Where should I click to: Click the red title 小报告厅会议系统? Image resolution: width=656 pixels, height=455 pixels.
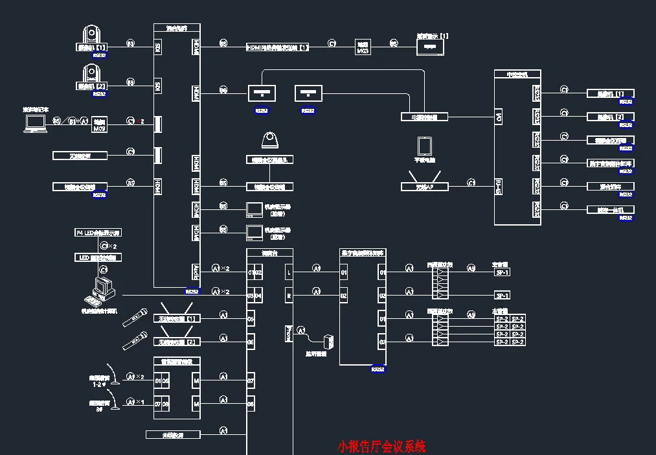point(381,447)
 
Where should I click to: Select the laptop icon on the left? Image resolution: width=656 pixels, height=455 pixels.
point(35,125)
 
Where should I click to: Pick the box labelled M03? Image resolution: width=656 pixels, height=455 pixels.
point(363,47)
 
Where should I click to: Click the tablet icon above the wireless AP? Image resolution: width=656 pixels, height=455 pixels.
point(424,146)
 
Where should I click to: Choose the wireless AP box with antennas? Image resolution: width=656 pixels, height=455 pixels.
point(425,186)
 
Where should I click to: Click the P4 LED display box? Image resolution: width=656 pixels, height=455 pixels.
point(98,232)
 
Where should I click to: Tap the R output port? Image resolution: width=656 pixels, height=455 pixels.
point(288,296)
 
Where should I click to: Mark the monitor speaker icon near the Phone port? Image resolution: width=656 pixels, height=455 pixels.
point(329,343)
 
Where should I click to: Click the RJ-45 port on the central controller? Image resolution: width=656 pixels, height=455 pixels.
point(499,185)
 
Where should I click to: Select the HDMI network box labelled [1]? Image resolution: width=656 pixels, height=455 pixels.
point(278,47)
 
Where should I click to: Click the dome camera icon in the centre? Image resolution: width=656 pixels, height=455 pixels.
point(269,141)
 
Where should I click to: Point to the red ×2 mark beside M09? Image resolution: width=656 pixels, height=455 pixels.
point(141,121)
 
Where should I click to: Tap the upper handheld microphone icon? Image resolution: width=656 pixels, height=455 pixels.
point(133,318)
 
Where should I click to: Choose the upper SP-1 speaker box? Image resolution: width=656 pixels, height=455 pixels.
point(503,273)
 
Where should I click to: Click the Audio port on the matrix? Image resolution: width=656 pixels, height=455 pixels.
point(196,270)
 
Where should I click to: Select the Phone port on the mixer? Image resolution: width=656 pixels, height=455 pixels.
point(288,333)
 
